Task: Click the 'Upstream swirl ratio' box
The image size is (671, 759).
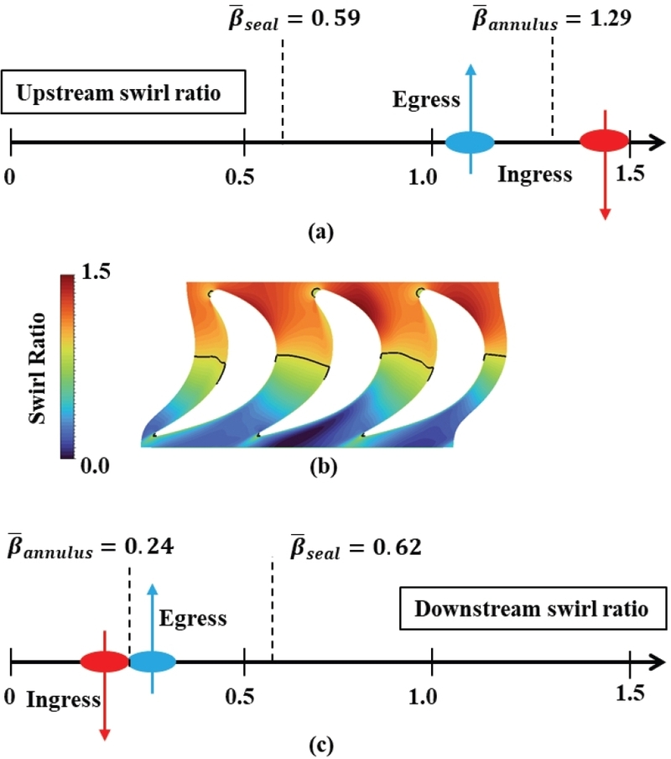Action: tap(124, 92)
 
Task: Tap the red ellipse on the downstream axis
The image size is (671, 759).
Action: tap(103, 661)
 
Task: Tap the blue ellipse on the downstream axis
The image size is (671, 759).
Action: tap(152, 661)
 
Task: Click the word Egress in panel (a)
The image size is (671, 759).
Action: tap(427, 101)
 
